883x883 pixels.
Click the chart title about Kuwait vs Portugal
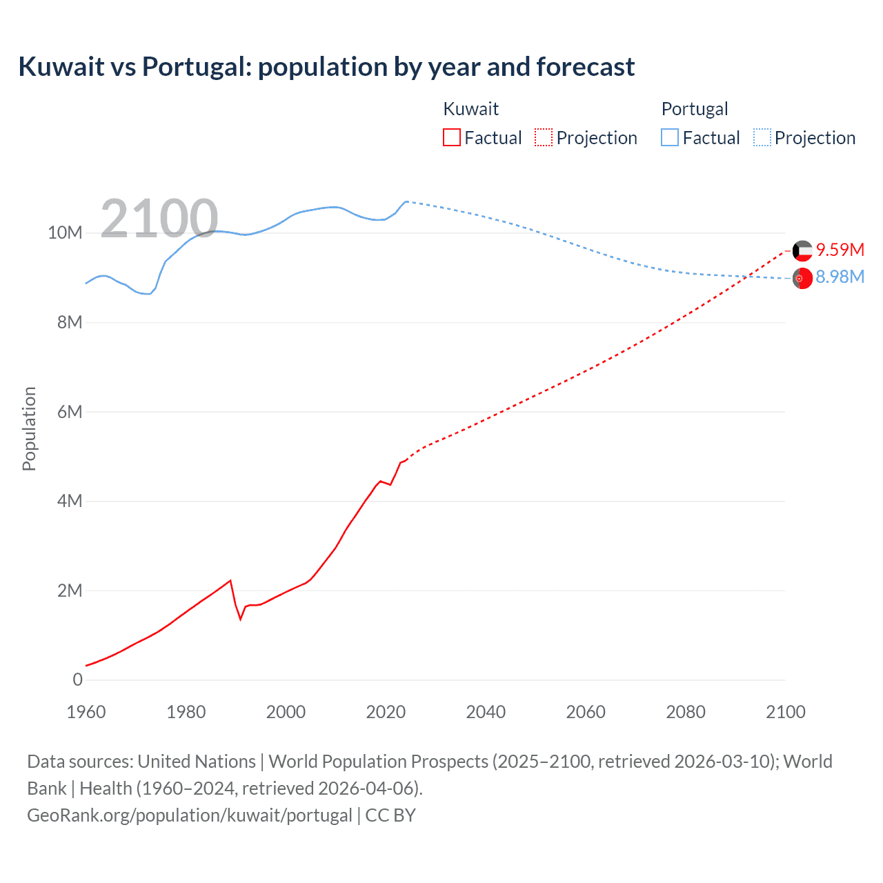(x=326, y=67)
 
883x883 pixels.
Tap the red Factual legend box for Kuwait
(x=451, y=137)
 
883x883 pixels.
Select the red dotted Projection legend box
(x=544, y=137)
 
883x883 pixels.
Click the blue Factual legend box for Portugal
(x=670, y=137)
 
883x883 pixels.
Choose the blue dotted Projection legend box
(x=762, y=137)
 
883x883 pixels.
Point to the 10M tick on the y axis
(x=65, y=233)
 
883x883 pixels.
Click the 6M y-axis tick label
(x=70, y=412)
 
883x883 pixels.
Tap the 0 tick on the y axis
(x=77, y=679)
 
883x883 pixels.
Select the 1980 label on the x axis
(x=186, y=712)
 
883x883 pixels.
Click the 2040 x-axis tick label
(x=486, y=712)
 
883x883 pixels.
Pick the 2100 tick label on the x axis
(x=785, y=712)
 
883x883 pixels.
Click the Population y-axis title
(x=29, y=428)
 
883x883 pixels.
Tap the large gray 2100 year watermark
(x=159, y=219)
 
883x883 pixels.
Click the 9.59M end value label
(x=840, y=250)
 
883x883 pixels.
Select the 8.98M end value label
(x=840, y=277)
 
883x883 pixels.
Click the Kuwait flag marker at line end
(x=802, y=250)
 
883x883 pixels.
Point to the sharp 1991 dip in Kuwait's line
(x=241, y=619)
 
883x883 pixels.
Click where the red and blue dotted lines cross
(x=748, y=277)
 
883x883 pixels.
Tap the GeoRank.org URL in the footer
(x=190, y=815)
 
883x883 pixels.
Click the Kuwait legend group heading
(x=470, y=109)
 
